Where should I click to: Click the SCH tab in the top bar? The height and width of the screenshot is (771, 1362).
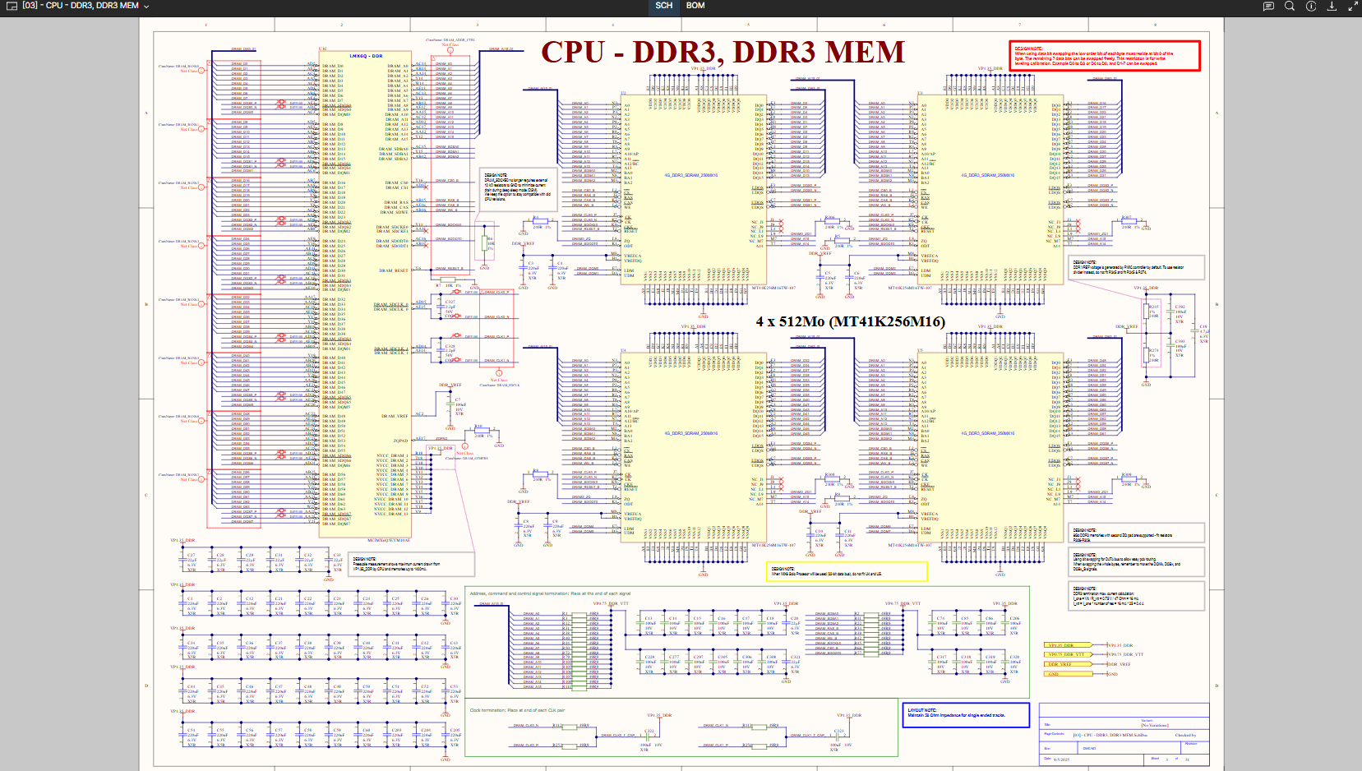point(664,6)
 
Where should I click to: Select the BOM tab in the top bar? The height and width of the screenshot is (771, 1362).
point(695,6)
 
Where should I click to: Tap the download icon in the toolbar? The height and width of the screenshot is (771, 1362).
point(1332,6)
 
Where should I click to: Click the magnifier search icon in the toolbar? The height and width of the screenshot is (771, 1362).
point(1290,6)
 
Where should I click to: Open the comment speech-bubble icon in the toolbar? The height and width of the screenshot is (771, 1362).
point(1268,6)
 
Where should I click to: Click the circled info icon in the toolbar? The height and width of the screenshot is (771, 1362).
point(1311,6)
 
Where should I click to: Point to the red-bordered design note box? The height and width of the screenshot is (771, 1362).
point(1104,56)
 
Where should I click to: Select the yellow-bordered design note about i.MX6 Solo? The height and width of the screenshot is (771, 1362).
point(847,571)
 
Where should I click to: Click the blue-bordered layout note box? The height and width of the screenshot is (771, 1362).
point(966,714)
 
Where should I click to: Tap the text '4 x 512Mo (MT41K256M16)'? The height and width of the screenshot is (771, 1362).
point(850,321)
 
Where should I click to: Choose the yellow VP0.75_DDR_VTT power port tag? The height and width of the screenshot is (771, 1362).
point(1067,654)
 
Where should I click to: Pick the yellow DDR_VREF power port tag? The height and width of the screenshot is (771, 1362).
point(1061,664)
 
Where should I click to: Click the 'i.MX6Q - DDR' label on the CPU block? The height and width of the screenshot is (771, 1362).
point(366,56)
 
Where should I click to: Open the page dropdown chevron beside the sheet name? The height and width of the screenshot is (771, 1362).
point(146,7)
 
